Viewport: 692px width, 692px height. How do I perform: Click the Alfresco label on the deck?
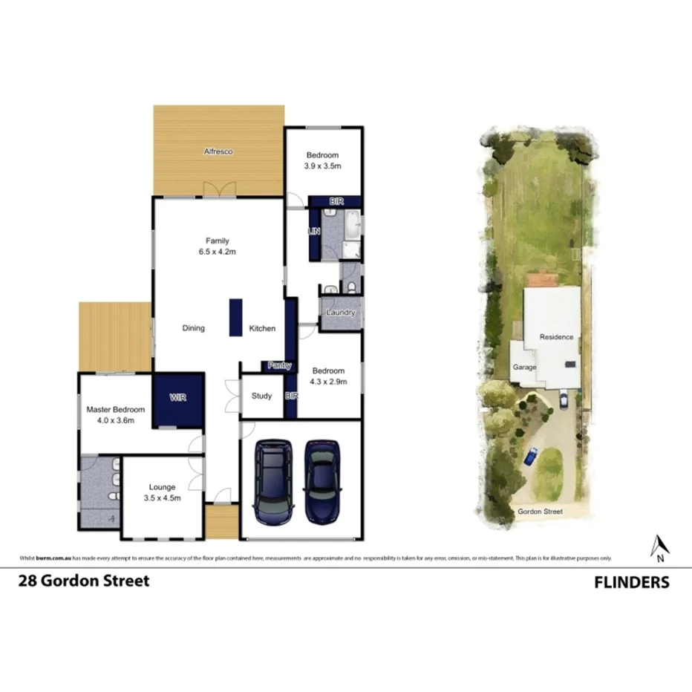(x=218, y=151)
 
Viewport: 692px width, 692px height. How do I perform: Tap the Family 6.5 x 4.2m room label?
(x=218, y=246)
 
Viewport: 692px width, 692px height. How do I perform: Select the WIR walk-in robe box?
(x=178, y=399)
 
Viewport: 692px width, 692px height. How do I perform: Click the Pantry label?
(x=280, y=366)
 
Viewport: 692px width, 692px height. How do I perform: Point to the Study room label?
(x=261, y=396)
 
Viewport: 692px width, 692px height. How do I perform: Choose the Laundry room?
(x=340, y=313)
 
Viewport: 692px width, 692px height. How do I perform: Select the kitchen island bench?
(x=236, y=317)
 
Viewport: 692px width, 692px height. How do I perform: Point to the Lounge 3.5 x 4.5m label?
(x=161, y=492)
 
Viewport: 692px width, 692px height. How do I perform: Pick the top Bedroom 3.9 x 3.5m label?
(x=322, y=160)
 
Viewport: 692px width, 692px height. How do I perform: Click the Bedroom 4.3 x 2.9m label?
(x=328, y=376)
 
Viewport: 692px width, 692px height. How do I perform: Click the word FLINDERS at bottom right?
(x=631, y=582)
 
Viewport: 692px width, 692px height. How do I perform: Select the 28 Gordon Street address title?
(x=84, y=581)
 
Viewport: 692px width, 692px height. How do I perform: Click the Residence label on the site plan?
(x=556, y=337)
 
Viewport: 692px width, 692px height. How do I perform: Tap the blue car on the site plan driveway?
(x=530, y=456)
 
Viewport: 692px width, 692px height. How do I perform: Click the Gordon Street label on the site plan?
(x=541, y=512)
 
